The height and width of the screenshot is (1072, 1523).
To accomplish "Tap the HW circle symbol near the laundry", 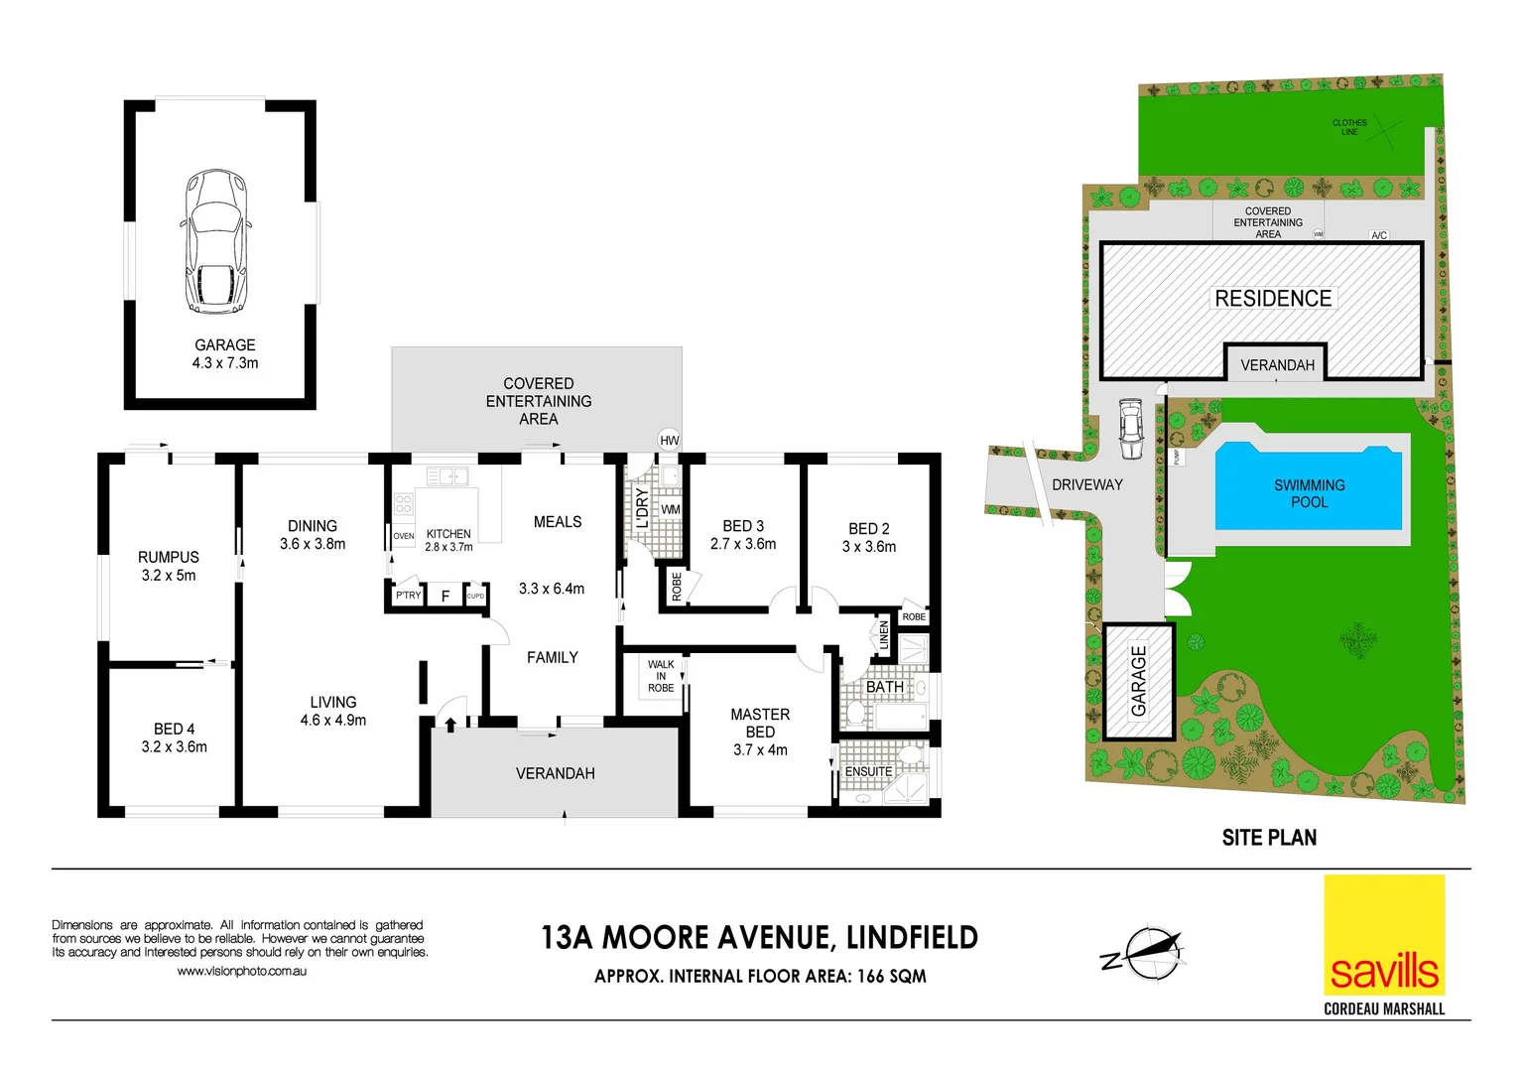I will (x=670, y=440).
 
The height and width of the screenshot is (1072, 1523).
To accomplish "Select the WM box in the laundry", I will (x=671, y=510).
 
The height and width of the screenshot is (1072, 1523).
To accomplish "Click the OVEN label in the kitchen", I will (x=404, y=536).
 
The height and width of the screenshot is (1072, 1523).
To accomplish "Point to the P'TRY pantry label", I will (x=408, y=596).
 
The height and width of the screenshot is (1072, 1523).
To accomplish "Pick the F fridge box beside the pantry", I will (x=445, y=596).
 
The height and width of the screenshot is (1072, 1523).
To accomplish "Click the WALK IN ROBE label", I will (x=661, y=676).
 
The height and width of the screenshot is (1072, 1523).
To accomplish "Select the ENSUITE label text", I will (x=868, y=771).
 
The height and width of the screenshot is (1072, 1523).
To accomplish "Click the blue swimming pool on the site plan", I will (x=1309, y=487).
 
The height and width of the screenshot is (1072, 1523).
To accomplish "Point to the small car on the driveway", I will (x=1130, y=429).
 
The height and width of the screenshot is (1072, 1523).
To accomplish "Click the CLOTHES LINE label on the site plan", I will (x=1349, y=127).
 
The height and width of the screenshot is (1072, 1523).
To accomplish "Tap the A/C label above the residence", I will (x=1379, y=235).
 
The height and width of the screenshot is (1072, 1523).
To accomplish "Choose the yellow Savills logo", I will (x=1384, y=935).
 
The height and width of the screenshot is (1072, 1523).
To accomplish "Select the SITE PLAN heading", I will (x=1269, y=838).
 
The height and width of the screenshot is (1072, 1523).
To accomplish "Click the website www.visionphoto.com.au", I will (x=241, y=971).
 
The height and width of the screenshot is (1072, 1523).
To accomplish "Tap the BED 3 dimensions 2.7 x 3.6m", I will (x=743, y=544).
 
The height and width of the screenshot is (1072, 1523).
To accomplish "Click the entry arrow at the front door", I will (x=450, y=724).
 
